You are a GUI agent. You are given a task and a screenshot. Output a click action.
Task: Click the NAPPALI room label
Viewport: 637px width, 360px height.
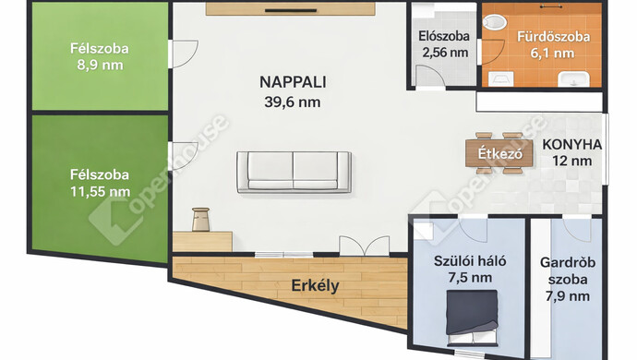coord(293,82)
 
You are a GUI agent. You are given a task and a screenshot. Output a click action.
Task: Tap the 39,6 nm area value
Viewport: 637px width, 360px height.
coord(293,102)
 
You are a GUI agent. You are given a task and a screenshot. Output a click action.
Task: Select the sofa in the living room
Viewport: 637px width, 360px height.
coord(294,172)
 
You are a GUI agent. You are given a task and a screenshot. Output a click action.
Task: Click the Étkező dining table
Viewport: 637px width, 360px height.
coord(499,153)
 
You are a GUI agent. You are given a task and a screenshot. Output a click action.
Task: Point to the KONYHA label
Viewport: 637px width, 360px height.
coord(572,144)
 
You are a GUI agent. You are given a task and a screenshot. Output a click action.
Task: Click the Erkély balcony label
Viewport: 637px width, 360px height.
coord(315,286)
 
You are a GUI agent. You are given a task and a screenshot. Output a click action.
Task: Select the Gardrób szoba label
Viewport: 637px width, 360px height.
coord(568,270)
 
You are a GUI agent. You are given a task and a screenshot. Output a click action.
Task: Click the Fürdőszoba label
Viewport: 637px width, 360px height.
coord(553,37)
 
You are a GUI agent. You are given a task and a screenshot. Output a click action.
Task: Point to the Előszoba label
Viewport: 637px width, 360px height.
coord(444,36)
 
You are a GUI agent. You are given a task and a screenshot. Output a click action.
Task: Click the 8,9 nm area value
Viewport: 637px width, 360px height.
coord(100,65)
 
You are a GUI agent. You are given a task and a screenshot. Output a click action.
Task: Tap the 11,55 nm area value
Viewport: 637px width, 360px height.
coord(100,191)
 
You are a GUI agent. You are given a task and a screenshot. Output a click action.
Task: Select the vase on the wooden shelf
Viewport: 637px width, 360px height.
coord(200,220)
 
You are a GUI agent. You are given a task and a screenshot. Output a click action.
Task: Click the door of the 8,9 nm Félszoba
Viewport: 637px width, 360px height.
coord(183,54)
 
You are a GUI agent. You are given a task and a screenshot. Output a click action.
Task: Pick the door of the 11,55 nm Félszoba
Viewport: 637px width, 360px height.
coord(183,156)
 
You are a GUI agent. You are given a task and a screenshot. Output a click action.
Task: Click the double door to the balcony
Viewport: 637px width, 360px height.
coord(365,246)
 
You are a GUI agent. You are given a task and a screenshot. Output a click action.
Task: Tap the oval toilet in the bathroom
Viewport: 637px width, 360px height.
coord(495,22)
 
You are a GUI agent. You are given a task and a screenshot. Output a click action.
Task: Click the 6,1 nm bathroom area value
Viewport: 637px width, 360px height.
coord(552,54)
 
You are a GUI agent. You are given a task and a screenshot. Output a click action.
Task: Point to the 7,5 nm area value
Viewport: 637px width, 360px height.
coord(470,278)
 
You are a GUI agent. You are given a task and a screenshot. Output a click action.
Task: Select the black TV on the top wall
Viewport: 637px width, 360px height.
coord(291,10)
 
